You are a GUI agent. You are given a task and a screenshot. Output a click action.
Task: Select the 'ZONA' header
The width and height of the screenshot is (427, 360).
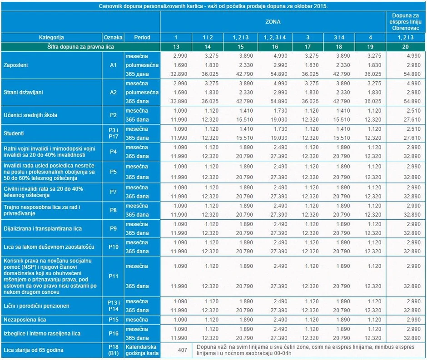pyautogui.click(x=273, y=21)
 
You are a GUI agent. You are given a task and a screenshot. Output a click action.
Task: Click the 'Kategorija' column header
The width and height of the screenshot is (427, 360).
pyautogui.click(x=51, y=37)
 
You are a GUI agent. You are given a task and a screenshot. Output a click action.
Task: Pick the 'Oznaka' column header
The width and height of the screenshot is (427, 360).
pyautogui.click(x=113, y=37)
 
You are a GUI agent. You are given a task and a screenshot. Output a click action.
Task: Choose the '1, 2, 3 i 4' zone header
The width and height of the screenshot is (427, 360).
pyautogui.click(x=275, y=37)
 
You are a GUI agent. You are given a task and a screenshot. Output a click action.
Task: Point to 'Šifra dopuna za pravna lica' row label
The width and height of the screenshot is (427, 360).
pyautogui.click(x=80, y=46)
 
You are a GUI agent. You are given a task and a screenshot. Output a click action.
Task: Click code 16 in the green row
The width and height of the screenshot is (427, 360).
pyautogui.click(x=275, y=46)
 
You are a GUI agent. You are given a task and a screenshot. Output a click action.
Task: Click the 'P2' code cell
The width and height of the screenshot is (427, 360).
pyautogui.click(x=113, y=115)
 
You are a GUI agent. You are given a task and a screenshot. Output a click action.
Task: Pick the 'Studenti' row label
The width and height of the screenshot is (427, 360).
pyautogui.click(x=14, y=133)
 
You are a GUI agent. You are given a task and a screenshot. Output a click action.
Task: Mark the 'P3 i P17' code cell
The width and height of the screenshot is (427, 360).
pyautogui.click(x=113, y=133)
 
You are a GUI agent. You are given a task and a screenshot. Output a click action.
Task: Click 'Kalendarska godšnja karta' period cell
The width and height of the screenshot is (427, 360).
pyautogui.click(x=142, y=350)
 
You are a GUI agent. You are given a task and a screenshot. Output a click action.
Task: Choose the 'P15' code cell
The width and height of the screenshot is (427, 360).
pyautogui.click(x=113, y=320)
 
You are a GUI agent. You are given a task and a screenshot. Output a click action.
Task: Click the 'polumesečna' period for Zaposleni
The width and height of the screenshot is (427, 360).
pyautogui.click(x=142, y=65)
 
